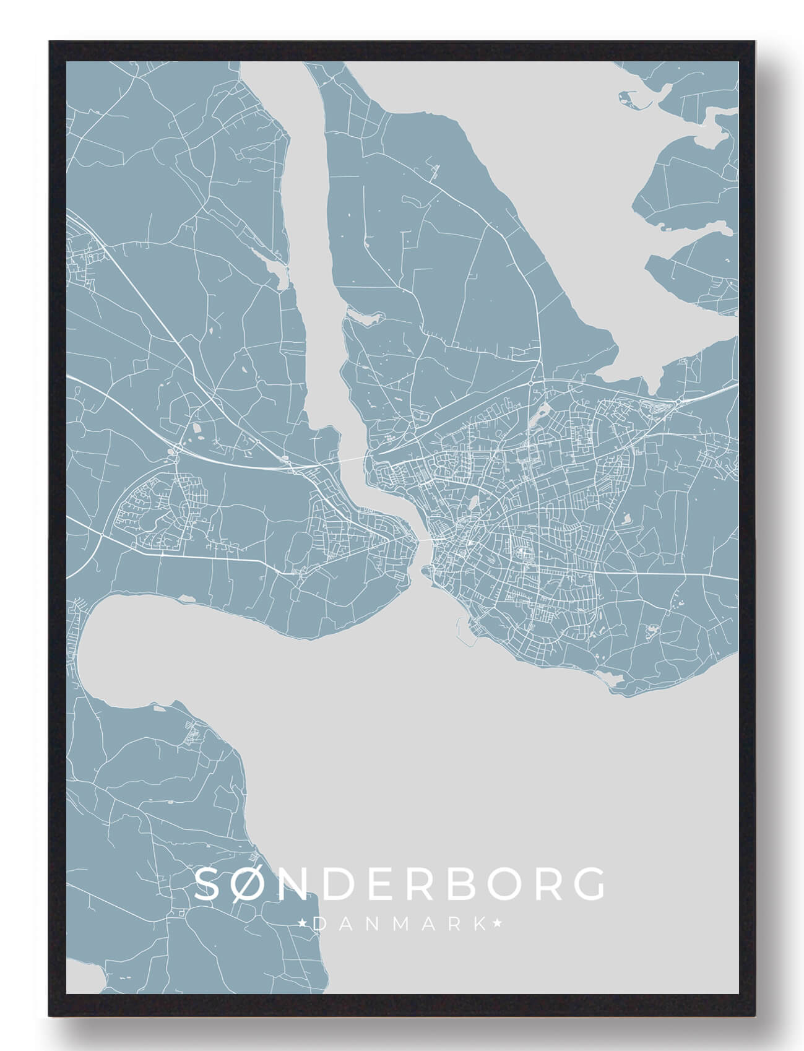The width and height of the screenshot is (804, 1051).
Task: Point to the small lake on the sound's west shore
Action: click(277, 270)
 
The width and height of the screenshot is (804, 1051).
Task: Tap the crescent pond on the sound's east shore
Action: click(366, 318)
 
